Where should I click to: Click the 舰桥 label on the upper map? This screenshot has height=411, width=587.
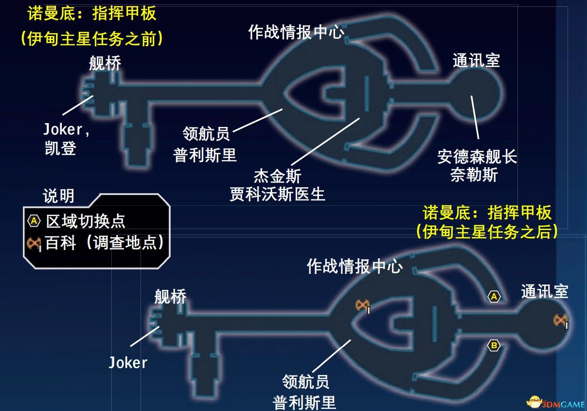105,63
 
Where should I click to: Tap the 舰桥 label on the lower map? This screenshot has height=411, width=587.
170,296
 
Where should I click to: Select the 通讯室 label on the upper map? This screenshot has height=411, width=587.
476,60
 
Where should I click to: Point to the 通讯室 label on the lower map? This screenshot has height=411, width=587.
545,291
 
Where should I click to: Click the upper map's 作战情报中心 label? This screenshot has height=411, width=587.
296,33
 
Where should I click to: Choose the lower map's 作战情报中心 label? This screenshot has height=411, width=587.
355,266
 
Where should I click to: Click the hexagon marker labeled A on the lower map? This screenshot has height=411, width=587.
494,296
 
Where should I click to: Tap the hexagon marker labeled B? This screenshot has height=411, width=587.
494,346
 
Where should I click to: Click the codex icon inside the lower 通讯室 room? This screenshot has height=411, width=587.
561,320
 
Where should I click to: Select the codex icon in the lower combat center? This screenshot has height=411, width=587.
362,305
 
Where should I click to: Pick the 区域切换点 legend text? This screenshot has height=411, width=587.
86,221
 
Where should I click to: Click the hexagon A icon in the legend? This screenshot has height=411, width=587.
34,221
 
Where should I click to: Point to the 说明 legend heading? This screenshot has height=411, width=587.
58,196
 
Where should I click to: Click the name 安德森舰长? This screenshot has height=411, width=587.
477,157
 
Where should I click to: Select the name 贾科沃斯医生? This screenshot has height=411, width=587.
277,194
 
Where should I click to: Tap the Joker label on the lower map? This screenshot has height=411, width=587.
128,363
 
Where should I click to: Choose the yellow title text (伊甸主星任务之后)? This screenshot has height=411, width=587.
487,232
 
